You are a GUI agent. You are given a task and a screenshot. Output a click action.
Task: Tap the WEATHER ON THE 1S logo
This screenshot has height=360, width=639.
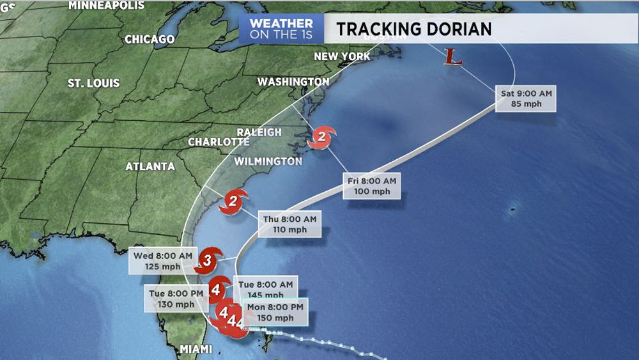point(281,29)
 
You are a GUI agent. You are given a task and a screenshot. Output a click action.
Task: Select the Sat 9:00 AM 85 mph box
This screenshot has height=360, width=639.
point(526,98)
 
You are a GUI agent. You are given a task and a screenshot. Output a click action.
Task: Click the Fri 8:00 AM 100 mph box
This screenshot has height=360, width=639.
point(371,185)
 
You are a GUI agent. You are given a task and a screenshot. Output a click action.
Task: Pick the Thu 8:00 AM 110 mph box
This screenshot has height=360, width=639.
point(289,224)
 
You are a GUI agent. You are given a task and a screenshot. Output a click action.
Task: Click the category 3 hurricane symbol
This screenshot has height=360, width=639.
point(208,259)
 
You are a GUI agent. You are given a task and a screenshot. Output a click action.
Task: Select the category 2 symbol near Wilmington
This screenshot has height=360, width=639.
point(233,204)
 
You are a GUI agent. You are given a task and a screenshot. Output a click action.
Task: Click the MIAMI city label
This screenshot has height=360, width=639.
point(196,348)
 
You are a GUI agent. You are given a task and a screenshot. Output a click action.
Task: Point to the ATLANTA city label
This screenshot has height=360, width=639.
point(150,166)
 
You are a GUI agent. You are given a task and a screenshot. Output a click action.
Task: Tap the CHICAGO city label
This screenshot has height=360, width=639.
point(150,40)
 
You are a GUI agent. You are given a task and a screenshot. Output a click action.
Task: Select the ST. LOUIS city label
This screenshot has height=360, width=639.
point(94,84)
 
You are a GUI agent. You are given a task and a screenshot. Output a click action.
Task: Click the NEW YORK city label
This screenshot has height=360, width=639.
point(342,57)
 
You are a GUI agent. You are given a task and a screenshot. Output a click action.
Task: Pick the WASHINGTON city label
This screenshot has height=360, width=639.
point(293,82)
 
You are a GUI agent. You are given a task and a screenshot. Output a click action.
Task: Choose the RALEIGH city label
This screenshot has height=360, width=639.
point(259,132)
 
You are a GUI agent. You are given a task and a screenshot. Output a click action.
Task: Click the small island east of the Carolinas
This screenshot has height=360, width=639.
point(511,210)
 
